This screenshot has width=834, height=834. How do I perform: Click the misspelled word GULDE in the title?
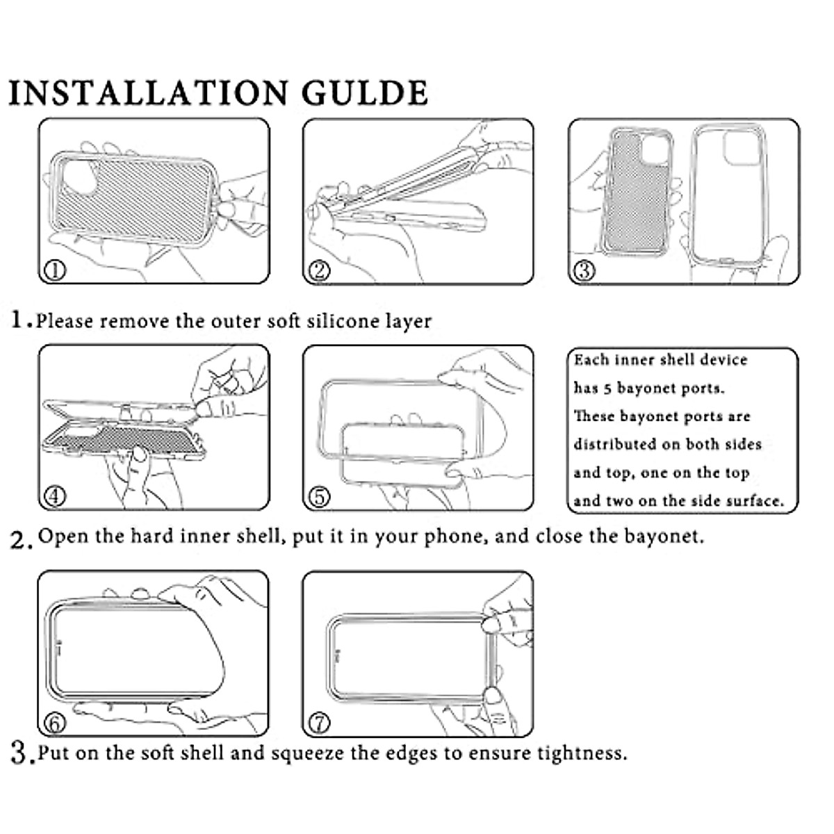[365, 92]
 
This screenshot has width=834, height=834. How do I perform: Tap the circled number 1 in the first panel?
[56, 270]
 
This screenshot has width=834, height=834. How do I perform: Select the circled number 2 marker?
[319, 271]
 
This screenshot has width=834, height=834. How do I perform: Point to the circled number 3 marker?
[584, 271]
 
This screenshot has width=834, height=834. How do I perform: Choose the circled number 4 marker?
[56, 496]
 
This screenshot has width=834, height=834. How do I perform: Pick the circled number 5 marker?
[319, 496]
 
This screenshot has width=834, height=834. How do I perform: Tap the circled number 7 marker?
[320, 723]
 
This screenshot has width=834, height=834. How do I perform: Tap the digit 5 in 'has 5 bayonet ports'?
[607, 389]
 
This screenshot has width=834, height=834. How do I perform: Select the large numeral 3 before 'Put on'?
[20, 753]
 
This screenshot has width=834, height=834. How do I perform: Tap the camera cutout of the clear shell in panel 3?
[740, 147]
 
